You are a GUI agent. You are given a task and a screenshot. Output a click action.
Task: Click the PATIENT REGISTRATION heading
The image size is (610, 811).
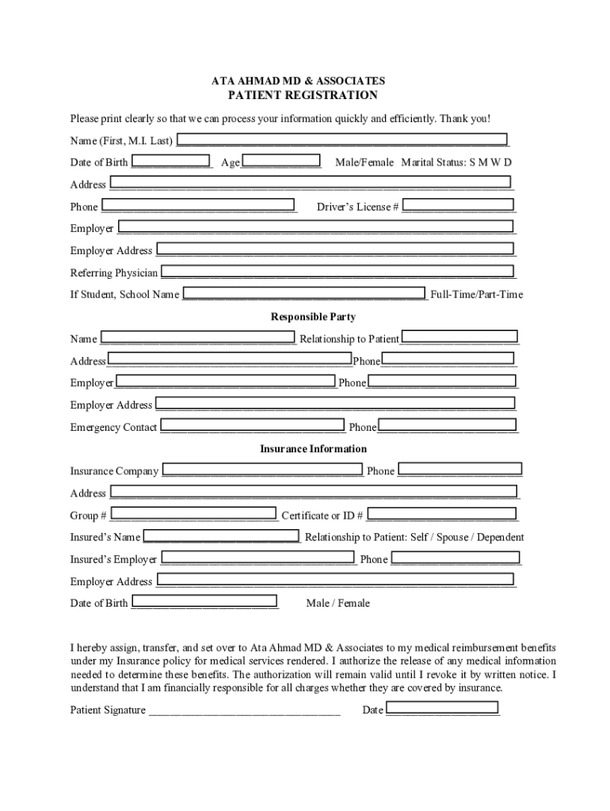(x=303, y=95)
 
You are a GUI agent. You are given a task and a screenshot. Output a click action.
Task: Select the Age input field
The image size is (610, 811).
(x=281, y=162)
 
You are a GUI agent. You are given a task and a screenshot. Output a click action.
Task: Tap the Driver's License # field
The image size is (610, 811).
(x=459, y=206)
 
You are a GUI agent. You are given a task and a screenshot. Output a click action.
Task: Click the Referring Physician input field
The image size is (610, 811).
(x=337, y=272)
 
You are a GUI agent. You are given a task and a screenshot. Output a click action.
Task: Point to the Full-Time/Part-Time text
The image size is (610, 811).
(x=477, y=295)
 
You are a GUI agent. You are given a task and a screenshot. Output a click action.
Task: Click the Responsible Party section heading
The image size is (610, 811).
(x=303, y=317)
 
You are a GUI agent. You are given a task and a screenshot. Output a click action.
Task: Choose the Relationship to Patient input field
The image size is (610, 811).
(x=459, y=338)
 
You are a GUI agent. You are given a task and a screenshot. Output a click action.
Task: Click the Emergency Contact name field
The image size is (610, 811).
(x=253, y=427)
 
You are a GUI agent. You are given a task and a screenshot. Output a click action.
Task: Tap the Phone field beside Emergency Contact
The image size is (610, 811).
(x=448, y=427)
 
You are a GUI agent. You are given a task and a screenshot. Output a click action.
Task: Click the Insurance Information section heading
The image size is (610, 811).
(x=303, y=449)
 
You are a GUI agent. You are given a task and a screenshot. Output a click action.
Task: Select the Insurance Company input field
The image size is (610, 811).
(x=262, y=470)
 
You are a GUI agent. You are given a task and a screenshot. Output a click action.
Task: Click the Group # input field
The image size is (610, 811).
(x=193, y=516)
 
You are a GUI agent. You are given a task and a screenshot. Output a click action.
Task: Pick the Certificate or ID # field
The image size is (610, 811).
(x=441, y=516)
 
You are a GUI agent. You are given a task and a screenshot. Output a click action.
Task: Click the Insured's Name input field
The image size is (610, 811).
(x=221, y=537)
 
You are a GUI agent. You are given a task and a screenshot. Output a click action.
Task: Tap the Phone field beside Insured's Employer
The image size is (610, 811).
(x=456, y=559)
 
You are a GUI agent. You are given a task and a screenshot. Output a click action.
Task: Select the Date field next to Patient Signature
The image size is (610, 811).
(x=443, y=710)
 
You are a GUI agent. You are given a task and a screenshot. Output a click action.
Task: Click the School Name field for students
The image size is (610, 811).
(x=304, y=295)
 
